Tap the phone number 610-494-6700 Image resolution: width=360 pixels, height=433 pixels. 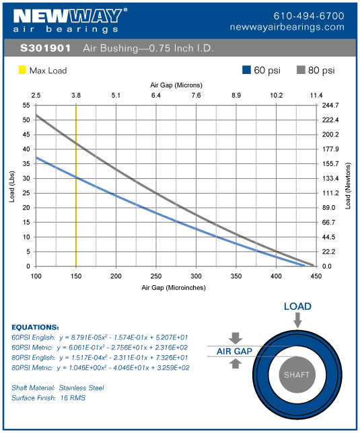308,15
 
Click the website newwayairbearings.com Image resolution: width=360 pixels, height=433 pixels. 296,27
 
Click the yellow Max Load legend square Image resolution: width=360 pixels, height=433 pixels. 22,70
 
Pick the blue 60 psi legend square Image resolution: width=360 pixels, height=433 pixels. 247,70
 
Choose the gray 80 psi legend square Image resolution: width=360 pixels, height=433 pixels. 301,70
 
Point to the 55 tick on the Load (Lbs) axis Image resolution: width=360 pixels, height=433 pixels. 26,106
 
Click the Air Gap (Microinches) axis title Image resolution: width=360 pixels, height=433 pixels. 174,287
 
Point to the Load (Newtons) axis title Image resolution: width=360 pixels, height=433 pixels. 348,185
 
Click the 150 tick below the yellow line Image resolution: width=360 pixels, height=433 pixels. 76,276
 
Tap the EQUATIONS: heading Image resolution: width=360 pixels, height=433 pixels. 36,327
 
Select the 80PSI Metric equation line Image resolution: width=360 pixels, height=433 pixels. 101,368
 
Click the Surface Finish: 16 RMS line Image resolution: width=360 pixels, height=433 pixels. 48,398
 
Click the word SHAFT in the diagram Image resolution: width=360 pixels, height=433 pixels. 297,375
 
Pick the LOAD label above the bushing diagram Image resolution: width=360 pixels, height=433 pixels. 297,307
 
